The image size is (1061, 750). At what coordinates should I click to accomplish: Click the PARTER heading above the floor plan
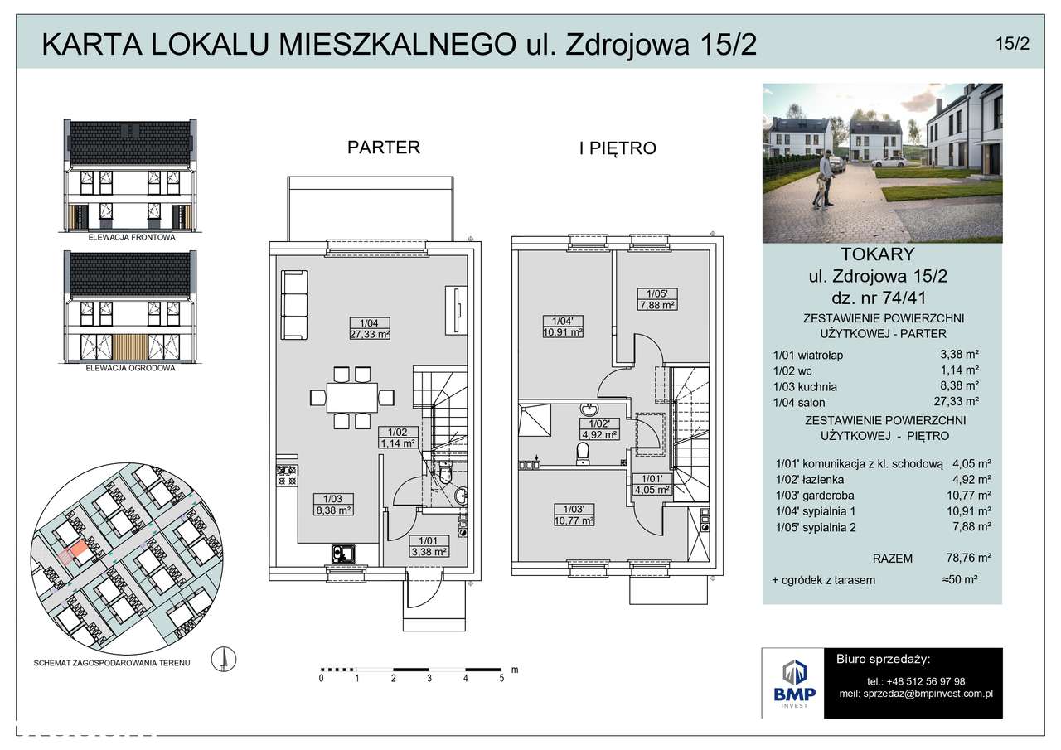coord(384,148)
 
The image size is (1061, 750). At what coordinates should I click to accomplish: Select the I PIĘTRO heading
coord(618,148)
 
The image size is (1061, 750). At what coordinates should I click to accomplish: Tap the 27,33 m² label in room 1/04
coord(370,334)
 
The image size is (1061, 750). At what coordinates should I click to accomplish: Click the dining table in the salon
coord(352,398)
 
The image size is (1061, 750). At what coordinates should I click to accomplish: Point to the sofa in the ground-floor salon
coord(294,304)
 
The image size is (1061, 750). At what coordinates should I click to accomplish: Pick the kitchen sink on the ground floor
coord(343,553)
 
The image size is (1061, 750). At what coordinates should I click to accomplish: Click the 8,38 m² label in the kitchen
coord(333,510)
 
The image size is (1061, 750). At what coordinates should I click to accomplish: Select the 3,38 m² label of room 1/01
coord(429,552)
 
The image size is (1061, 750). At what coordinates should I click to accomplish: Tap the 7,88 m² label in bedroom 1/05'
coord(657,305)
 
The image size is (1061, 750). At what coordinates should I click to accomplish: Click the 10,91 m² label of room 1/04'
coord(563,332)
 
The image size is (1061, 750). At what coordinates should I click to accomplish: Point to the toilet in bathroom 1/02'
coord(583,453)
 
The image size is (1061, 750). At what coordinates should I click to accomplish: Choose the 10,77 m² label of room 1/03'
coord(574,520)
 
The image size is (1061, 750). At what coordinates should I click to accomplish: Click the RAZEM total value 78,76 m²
coord(969,558)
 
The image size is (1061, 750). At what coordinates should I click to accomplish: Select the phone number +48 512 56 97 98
coord(916,681)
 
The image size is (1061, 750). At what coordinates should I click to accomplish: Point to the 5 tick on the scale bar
coord(501,678)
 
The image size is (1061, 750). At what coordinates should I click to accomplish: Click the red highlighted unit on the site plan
coord(78,549)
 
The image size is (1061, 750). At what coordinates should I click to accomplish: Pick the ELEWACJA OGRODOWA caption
coord(130,368)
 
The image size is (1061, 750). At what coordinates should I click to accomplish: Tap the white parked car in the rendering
coord(889,162)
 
